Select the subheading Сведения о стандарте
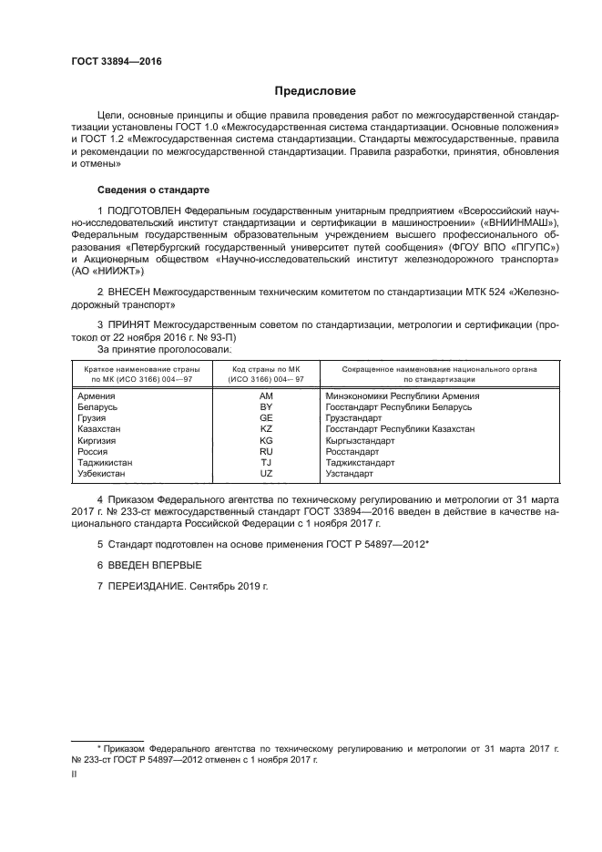pyautogui.click(x=154, y=190)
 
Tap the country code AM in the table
pyautogui.click(x=266, y=395)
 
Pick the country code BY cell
pyautogui.click(x=266, y=406)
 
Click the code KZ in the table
pyautogui.click(x=266, y=428)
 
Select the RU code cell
pyautogui.click(x=266, y=450)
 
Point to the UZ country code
pyautogui.click(x=266, y=473)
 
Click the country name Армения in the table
pyautogui.click(x=97, y=395)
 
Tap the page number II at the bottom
pyautogui.click(x=75, y=775)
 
